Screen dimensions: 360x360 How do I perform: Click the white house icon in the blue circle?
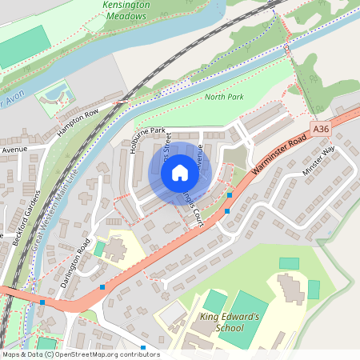pyautogui.click(x=180, y=172)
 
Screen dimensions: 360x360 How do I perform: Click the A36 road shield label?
pyautogui.click(x=322, y=129)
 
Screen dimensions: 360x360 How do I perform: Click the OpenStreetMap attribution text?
pyautogui.click(x=80, y=354)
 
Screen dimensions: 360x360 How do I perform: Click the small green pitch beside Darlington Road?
pyautogui.click(x=99, y=249)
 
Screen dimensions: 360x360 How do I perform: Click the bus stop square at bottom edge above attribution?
pyautogui.click(x=143, y=347)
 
